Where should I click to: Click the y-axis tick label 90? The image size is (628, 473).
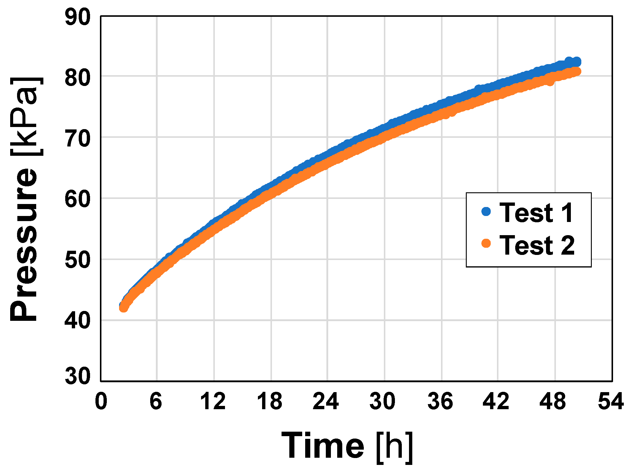point(77,17)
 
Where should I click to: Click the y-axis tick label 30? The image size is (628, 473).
point(77,376)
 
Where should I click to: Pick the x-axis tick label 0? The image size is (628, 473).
point(101,401)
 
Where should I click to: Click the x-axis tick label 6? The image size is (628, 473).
point(156,401)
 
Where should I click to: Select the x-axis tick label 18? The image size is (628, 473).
point(270,401)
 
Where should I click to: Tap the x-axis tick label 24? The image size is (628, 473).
point(326,401)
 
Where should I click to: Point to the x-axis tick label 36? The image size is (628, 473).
point(440,401)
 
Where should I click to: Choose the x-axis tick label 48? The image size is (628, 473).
point(553,401)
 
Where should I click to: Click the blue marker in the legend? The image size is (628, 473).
point(486,211)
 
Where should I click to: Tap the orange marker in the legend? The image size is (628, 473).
point(486,243)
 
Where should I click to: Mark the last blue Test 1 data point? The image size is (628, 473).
point(577,62)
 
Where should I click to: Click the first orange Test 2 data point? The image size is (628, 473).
point(123,308)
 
